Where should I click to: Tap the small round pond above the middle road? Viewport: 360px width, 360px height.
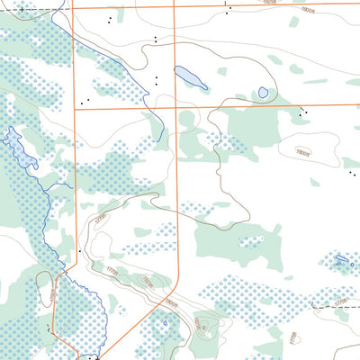(263, 92)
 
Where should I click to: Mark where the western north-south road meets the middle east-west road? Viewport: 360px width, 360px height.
(73, 108)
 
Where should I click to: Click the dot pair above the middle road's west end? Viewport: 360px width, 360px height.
(86, 100)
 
